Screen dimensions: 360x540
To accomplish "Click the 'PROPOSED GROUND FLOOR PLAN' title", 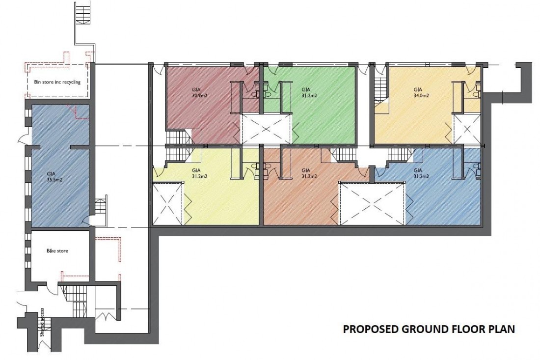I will (428, 329).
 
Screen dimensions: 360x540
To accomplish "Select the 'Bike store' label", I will (57, 250).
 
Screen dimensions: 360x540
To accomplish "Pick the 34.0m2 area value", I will (421, 95).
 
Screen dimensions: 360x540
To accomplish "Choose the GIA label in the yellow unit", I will (196, 170).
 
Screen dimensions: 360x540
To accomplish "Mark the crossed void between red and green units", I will (266, 129).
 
